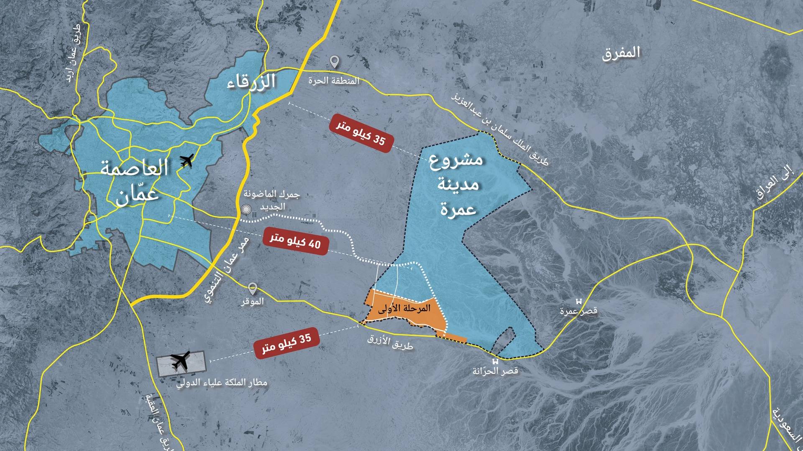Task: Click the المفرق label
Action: pyautogui.click(x=621, y=53)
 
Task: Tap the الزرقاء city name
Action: pyautogui.click(x=251, y=81)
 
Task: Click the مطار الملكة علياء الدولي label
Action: pyautogui.click(x=222, y=383)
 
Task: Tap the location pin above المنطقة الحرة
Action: pyautogui.click(x=334, y=62)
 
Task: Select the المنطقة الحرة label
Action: pyautogui.click(x=334, y=81)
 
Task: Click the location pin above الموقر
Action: pyautogui.click(x=252, y=288)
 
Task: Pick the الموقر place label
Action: pyautogui.click(x=252, y=301)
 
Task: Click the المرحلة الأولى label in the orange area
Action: pyautogui.click(x=404, y=309)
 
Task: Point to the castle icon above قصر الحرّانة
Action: pyautogui.click(x=496, y=362)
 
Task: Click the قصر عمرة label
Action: pyautogui.click(x=579, y=311)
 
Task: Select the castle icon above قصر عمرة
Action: pyautogui.click(x=579, y=302)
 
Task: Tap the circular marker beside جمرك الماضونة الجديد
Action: pyautogui.click(x=246, y=210)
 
